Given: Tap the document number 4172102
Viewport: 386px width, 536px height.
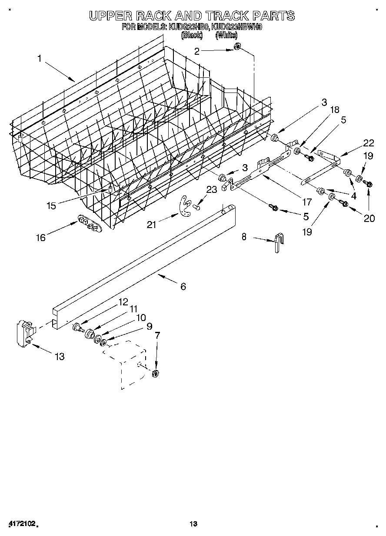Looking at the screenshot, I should click(x=21, y=524).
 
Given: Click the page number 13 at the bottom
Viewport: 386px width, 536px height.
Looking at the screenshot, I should click(x=193, y=524).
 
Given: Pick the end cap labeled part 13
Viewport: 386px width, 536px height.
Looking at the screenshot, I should click(x=26, y=334).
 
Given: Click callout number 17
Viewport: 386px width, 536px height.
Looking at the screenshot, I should click(x=307, y=202).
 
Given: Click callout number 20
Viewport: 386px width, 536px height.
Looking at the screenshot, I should click(x=369, y=218).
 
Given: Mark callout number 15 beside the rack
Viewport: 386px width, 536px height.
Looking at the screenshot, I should click(x=52, y=205).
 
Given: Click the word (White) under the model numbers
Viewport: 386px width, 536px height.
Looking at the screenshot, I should click(x=226, y=35).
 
